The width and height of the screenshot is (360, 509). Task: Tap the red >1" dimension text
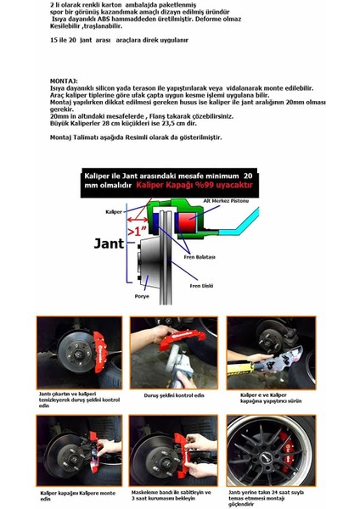pos(137,228)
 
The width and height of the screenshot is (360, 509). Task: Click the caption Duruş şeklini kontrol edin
pos(165,394)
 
